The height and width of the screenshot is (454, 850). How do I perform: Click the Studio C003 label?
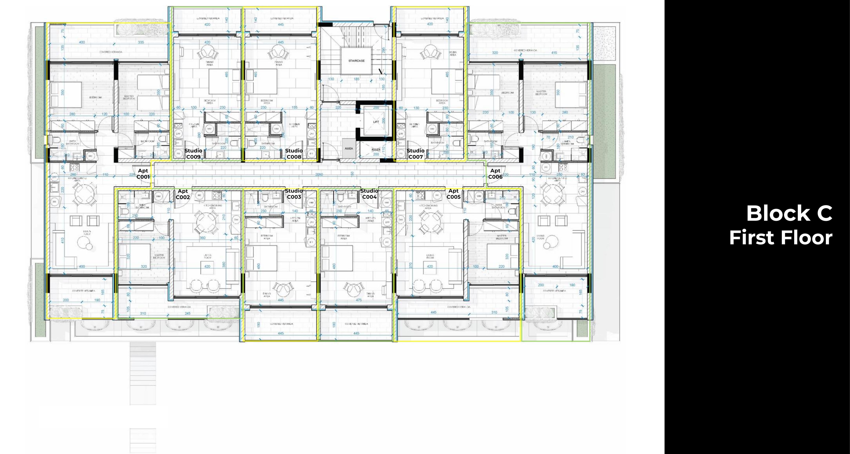[x=294, y=194]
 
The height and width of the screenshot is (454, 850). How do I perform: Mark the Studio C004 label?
[x=369, y=194]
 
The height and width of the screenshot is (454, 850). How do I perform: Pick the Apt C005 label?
[x=453, y=194]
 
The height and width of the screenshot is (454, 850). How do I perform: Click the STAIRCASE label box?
[x=356, y=61]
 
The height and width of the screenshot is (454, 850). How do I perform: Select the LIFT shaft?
[x=376, y=121]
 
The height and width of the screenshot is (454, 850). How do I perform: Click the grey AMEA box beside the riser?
[x=349, y=149]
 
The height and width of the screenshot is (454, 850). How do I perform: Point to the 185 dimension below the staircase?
[x=356, y=79]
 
